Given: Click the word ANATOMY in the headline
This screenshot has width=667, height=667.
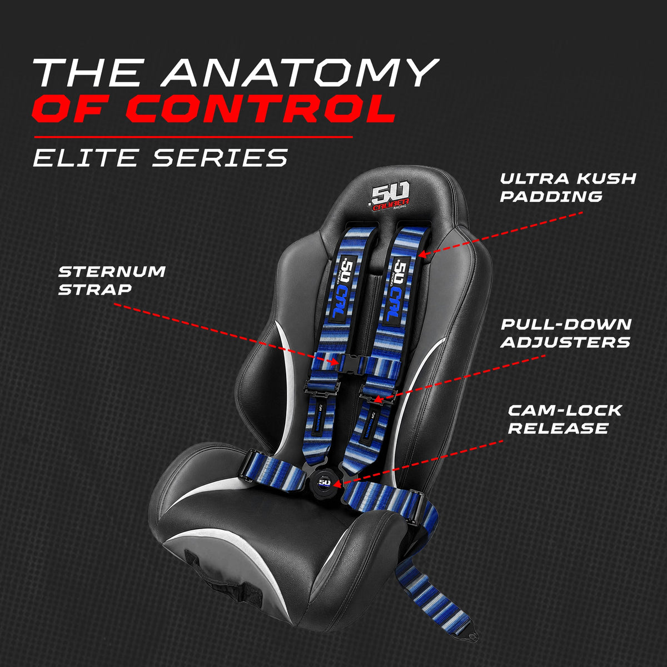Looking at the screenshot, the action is point(301,72).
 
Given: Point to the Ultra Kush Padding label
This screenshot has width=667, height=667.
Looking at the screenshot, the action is point(568,188).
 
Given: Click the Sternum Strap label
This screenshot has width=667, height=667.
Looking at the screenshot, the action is point(112,280).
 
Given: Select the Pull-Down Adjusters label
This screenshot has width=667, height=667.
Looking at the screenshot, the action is point(566,333).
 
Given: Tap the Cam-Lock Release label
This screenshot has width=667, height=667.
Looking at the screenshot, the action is point(565,420).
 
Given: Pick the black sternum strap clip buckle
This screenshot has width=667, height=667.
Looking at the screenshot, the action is point(351,364).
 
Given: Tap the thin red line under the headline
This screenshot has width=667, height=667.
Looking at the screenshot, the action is point(193,137).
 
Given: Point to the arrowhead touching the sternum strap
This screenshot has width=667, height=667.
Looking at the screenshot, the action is point(335,362).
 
